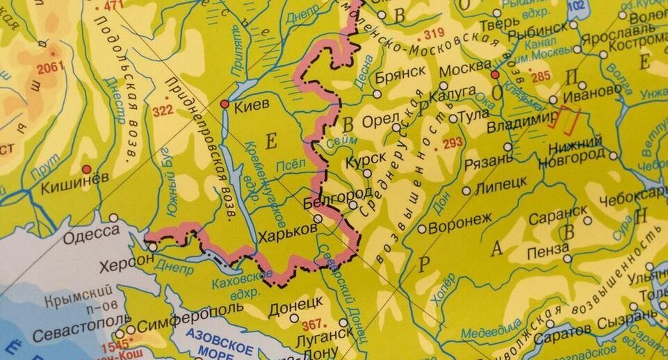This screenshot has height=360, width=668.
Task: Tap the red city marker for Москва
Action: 495,74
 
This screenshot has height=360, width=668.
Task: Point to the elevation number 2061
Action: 51,67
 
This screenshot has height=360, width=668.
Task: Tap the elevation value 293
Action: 452,143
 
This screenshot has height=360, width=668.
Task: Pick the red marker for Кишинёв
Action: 86,169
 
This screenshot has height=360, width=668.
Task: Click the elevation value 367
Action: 313,323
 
